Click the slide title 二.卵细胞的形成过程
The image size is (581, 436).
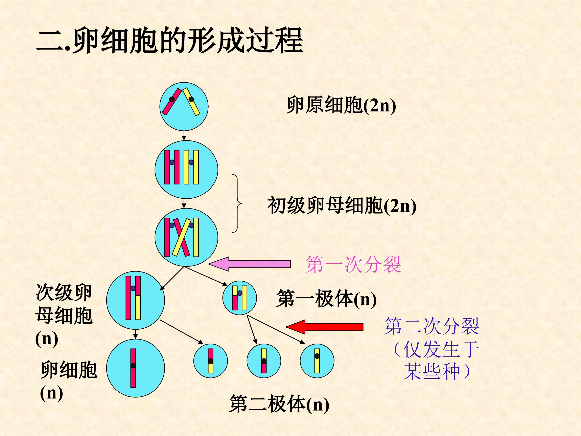pyautogui.click(x=169, y=40)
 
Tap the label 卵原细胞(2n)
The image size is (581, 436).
pyautogui.click(x=341, y=105)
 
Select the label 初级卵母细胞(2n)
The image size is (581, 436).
pyautogui.click(x=342, y=205)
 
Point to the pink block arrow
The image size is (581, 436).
pyautogui.click(x=249, y=264)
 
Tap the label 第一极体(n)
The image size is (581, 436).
pyautogui.click(x=326, y=299)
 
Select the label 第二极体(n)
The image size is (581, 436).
pyautogui.click(x=279, y=404)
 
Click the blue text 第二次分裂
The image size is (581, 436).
pyautogui.click(x=432, y=326)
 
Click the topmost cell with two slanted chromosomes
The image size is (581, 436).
pyautogui.click(x=184, y=106)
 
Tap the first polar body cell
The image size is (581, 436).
pyautogui.click(x=239, y=298)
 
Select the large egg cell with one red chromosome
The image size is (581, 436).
pyautogui.click(x=136, y=368)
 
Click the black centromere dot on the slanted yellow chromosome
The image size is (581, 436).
pyautogui.click(x=191, y=99)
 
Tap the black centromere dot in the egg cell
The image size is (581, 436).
pyautogui.click(x=133, y=366)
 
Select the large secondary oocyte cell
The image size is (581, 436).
pyautogui.click(x=136, y=300)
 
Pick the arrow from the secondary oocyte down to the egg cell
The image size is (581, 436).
pyautogui.click(x=136, y=334)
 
